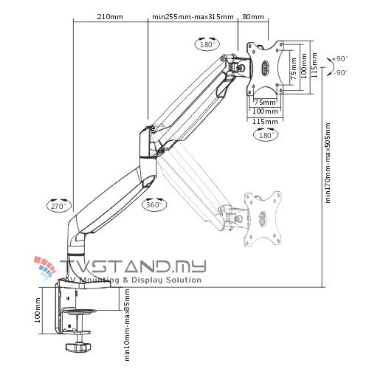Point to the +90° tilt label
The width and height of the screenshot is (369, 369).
coord(339,58)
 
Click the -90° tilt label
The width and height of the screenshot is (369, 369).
coord(339,72)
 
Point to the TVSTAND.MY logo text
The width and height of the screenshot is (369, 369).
coord(133,266)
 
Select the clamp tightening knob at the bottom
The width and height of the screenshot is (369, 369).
coord(77,346)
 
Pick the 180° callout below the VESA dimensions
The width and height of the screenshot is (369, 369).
coord(265,135)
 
